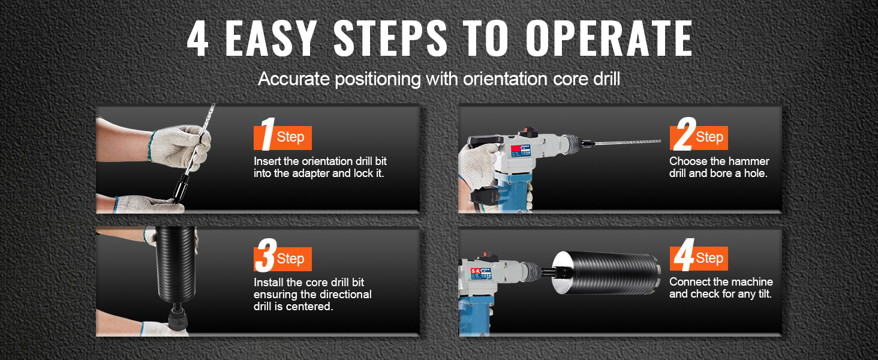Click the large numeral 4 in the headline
pyautogui.click(x=197, y=38)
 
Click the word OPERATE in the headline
pyautogui.click(x=609, y=38)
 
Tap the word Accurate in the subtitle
pyautogui.click(x=294, y=79)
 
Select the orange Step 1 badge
pyautogui.click(x=282, y=136)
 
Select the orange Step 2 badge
pyautogui.click(x=699, y=136)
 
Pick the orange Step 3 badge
pyautogui.click(x=282, y=257)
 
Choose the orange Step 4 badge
pyautogui.click(x=699, y=257)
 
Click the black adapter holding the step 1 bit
pyautogui.click(x=181, y=188)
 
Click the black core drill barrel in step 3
pyautogui.click(x=176, y=266)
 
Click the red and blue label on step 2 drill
pyautogui.click(x=521, y=151)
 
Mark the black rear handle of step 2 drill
pyautogui.click(x=484, y=140)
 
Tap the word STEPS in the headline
pyautogui.click(x=390, y=38)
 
